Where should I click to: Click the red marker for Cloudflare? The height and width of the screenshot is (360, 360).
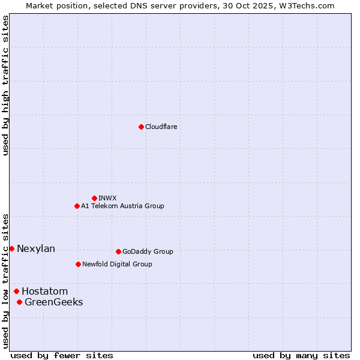click(x=141, y=127)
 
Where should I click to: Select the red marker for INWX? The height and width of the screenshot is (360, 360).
click(x=94, y=198)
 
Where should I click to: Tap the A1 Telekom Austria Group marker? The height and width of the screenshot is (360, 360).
click(x=77, y=206)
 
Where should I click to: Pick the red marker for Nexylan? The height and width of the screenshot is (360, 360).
click(x=11, y=248)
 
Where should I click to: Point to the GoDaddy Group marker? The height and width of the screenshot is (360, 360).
click(x=118, y=251)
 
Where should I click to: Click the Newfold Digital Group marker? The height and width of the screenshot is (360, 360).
click(x=78, y=264)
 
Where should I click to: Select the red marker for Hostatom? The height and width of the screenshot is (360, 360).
click(x=16, y=291)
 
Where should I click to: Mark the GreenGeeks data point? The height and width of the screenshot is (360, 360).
click(x=19, y=302)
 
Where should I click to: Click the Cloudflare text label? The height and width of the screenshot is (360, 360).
click(x=161, y=127)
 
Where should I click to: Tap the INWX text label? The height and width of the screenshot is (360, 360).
click(x=107, y=198)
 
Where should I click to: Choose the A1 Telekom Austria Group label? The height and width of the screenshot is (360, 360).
click(x=122, y=206)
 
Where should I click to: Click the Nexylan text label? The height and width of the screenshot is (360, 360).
click(x=36, y=248)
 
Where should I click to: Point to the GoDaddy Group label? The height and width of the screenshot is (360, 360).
click(x=147, y=251)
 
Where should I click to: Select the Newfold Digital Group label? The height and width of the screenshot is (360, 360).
click(x=117, y=264)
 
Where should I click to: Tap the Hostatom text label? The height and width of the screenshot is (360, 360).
click(x=44, y=291)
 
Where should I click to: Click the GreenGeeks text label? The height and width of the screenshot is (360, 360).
click(x=53, y=302)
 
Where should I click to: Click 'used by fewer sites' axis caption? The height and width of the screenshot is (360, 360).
click(x=62, y=355)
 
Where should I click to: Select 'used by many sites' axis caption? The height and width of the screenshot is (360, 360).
click(x=301, y=355)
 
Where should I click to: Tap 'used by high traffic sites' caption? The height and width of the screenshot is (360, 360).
click(x=5, y=85)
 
